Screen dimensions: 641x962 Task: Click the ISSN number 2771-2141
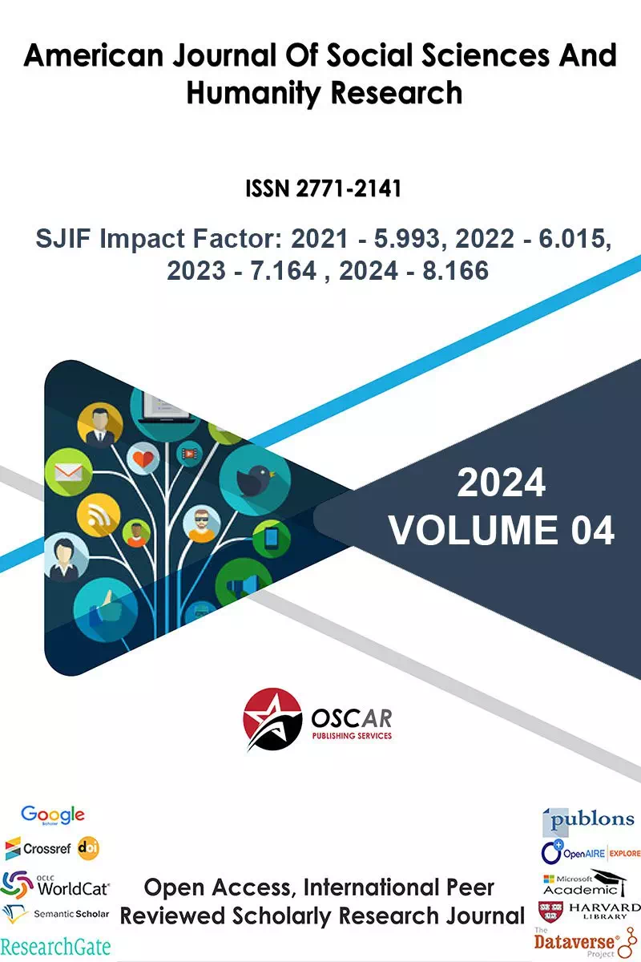coord(349,188)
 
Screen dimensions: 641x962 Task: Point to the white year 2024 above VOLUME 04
coord(501,483)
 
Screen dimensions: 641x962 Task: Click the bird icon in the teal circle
coord(256,479)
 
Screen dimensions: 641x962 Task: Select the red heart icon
coord(143,459)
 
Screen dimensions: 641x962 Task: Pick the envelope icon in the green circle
coord(68,472)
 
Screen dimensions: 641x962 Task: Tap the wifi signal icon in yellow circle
coord(99,515)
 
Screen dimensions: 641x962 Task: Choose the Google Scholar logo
coord(53,814)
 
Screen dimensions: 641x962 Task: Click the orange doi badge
coord(88,848)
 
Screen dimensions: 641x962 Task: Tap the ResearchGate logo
coord(55,946)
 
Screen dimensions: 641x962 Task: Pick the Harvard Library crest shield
coord(550,911)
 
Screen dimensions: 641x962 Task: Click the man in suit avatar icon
coord(100,426)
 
